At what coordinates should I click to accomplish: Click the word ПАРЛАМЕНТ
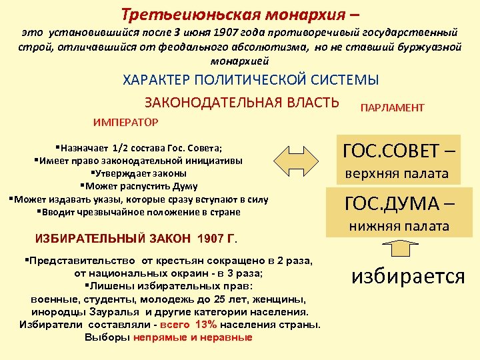pyautogui.click(x=392, y=108)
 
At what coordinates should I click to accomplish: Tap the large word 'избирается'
pyautogui.click(x=408, y=276)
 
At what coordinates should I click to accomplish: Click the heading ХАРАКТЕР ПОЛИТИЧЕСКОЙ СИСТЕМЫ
pyautogui.click(x=251, y=79)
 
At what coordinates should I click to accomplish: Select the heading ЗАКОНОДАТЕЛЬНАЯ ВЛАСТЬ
pyautogui.click(x=241, y=103)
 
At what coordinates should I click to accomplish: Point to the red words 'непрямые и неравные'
pyautogui.click(x=193, y=337)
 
